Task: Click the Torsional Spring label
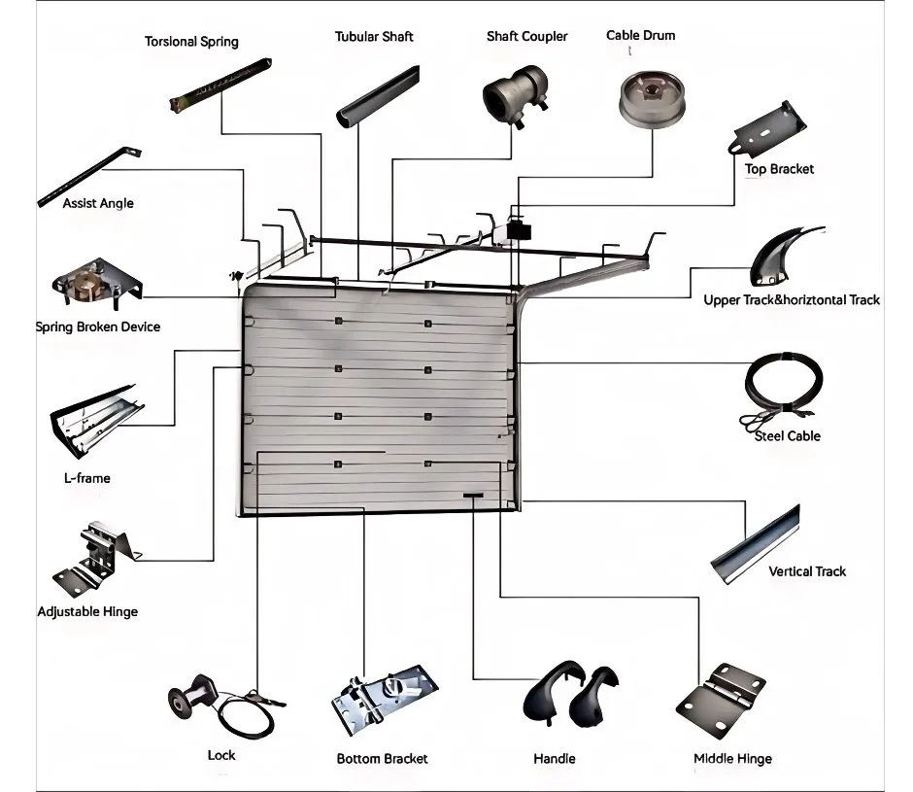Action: [191, 42]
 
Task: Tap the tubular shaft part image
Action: [378, 96]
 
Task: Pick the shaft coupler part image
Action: [516, 95]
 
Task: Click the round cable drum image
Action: [647, 97]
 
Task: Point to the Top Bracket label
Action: [779, 169]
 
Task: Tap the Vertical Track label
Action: [807, 571]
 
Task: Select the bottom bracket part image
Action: [385, 698]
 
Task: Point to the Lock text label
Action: [221, 755]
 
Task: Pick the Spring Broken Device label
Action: [98, 327]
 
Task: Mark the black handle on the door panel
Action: [474, 497]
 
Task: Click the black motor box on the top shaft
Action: [520, 230]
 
